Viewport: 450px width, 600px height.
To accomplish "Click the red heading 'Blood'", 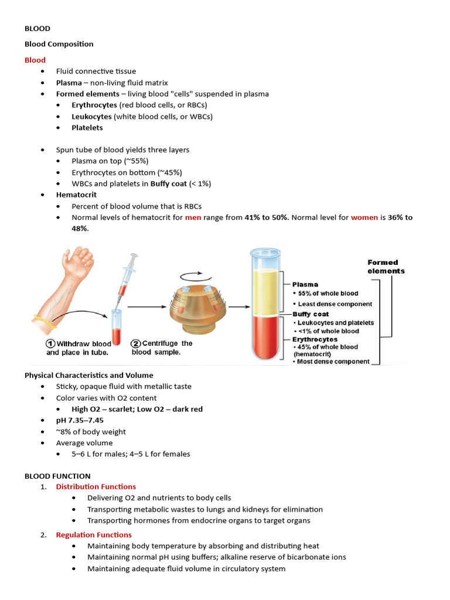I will pyautogui.click(x=35, y=60).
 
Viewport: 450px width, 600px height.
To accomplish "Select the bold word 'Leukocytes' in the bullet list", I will pyautogui.click(x=91, y=116).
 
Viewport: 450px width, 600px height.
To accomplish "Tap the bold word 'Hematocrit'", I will pyautogui.click(x=76, y=195).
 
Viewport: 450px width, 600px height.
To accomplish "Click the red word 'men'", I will pyautogui.click(x=193, y=217).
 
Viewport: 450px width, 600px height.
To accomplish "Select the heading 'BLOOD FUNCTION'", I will pyautogui.click(x=57, y=476).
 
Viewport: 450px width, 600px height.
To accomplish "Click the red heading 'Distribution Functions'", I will pyautogui.click(x=96, y=486).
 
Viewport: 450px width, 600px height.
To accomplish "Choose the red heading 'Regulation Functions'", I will pyautogui.click(x=94, y=534).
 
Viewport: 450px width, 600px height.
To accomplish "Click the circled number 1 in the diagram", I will pyautogui.click(x=51, y=344).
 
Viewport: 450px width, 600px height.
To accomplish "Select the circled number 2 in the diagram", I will pyautogui.click(x=135, y=343).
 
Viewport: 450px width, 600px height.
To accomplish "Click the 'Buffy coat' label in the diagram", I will pyautogui.click(x=311, y=315).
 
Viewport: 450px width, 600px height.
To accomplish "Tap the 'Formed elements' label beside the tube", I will pyautogui.click(x=386, y=267).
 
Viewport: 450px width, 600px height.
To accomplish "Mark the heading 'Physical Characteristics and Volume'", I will pyautogui.click(x=88, y=375).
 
